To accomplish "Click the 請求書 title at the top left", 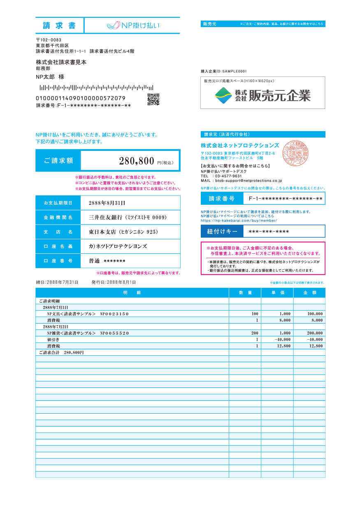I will (59, 25).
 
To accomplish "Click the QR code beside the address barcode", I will (153, 99).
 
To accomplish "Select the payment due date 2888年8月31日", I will (107, 203).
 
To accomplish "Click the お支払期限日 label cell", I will (58, 203).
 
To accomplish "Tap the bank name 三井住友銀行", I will (128, 217).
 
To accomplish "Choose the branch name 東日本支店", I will (123, 232).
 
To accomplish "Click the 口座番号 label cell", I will (58, 261).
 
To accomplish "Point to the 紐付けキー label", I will (222, 231).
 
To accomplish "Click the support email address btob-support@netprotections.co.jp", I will (249, 180).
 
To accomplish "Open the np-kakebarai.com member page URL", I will (239, 220).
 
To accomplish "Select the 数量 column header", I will (245, 293).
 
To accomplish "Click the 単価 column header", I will (277, 293).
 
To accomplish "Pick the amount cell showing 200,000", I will (314, 333).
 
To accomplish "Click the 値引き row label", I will (53, 340).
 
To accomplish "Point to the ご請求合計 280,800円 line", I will (61, 352).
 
